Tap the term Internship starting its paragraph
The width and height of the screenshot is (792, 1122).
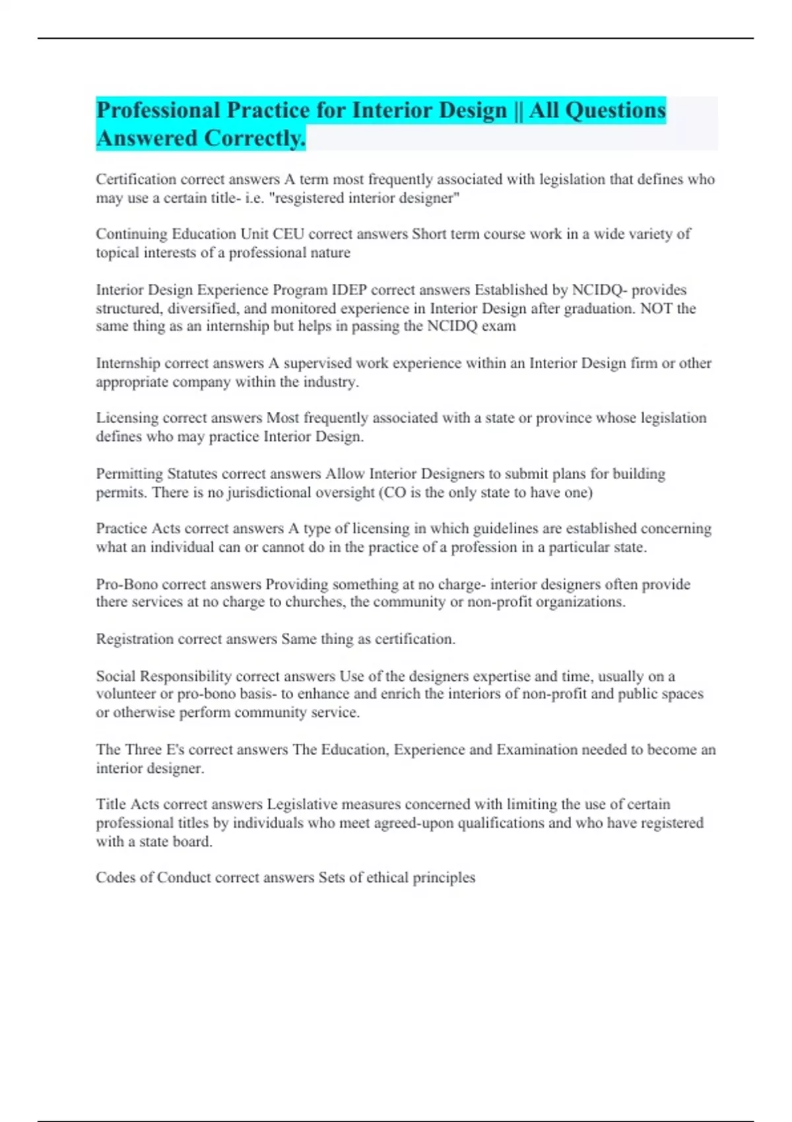tap(128, 364)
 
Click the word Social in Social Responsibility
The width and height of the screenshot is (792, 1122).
tap(115, 676)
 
